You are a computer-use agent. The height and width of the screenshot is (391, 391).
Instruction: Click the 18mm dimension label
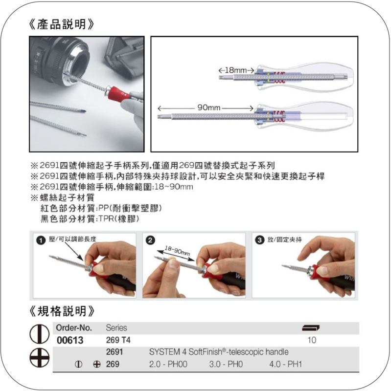pyautogui.click(x=236, y=70)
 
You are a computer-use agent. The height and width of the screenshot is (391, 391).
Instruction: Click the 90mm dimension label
pyautogui.click(x=209, y=108)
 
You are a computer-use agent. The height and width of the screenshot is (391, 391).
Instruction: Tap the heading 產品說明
pyautogui.click(x=62, y=24)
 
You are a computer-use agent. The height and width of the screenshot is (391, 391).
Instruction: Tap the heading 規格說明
pyautogui.click(x=62, y=311)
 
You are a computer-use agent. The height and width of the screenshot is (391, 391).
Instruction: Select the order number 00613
pyautogui.click(x=70, y=340)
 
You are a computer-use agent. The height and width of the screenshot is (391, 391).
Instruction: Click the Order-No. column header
pyautogui.click(x=74, y=327)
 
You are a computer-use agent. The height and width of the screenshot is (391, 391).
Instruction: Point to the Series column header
pyautogui.click(x=116, y=327)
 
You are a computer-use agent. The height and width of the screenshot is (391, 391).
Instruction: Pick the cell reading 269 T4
pyautogui.click(x=118, y=340)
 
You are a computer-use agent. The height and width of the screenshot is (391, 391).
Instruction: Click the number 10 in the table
pyautogui.click(x=312, y=340)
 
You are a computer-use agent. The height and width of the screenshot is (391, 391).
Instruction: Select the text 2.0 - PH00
pyautogui.click(x=168, y=364)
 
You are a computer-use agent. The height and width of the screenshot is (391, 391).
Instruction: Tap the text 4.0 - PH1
pyautogui.click(x=285, y=364)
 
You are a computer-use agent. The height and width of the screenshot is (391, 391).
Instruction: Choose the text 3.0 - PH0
pyautogui.click(x=226, y=364)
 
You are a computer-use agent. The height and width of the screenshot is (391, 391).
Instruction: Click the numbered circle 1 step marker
pyautogui.click(x=41, y=240)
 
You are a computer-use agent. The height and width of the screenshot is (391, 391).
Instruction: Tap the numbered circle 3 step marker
pyautogui.click(x=260, y=240)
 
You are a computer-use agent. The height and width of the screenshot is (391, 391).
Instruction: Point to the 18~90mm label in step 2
pyautogui.click(x=177, y=251)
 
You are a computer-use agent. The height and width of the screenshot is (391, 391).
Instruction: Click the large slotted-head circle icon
pyautogui.click(x=40, y=334)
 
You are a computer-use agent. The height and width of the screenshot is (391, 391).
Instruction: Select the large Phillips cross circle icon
pyautogui.click(x=40, y=358)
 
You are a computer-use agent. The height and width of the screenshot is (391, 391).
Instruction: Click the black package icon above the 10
pyautogui.click(x=311, y=327)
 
